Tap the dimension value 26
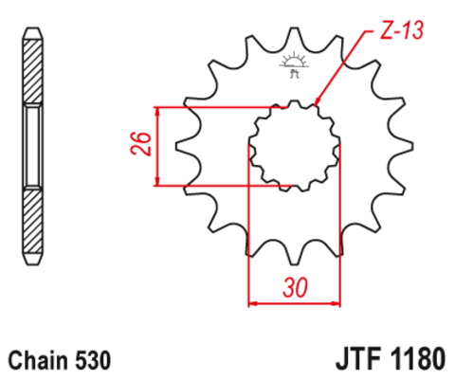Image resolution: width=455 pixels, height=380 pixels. pyautogui.click(x=141, y=145)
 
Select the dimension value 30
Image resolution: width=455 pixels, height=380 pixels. pyautogui.click(x=293, y=285)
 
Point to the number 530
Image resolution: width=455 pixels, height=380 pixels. pyautogui.click(x=94, y=360)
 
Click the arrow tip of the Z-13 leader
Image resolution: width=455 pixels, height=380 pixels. pyautogui.click(x=316, y=103)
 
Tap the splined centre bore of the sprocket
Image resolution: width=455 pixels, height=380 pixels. pyautogui.click(x=294, y=146)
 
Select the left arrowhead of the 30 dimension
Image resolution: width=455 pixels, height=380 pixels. pyautogui.click(x=252, y=304)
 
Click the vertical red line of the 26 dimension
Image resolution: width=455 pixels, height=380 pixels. pyautogui.click(x=159, y=146)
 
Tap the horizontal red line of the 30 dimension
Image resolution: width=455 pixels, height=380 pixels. pyautogui.click(x=294, y=304)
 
